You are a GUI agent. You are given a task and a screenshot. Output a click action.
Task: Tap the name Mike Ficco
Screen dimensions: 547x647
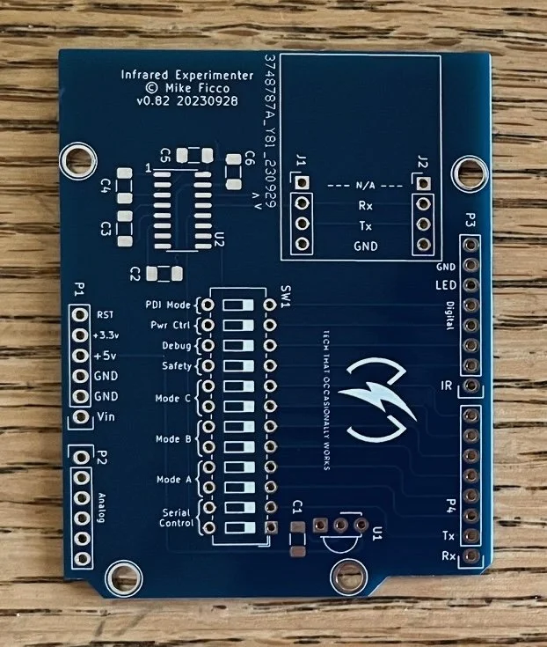tap(178, 88)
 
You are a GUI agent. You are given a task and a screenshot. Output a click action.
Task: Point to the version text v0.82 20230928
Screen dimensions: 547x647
tap(178, 102)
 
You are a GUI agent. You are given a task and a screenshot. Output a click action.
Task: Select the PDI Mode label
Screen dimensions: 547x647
tap(167, 305)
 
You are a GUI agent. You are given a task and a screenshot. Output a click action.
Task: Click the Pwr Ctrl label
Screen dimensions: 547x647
tap(170, 325)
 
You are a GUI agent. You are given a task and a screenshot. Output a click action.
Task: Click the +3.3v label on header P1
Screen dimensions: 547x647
tap(108, 335)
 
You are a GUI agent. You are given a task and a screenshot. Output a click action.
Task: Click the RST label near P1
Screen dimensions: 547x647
tap(106, 314)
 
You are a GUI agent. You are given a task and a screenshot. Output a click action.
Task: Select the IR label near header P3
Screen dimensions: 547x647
tap(447, 386)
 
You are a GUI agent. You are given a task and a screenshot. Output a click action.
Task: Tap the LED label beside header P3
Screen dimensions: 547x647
tap(445, 285)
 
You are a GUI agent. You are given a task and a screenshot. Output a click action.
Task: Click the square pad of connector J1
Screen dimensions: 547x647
tap(303, 183)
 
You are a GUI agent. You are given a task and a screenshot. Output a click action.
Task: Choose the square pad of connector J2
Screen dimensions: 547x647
tap(424, 184)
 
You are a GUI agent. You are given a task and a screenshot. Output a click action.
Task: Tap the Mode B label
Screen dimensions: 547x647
tap(173, 438)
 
